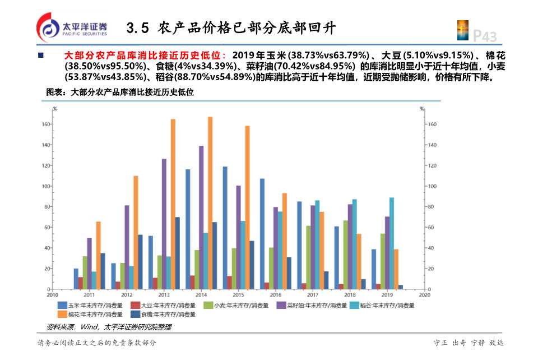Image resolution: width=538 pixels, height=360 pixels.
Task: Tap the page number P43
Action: pyautogui.click(x=485, y=36)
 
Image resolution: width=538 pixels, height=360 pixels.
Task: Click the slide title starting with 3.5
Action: pyautogui.click(x=231, y=27)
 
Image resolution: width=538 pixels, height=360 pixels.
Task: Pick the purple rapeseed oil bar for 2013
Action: pyautogui.click(x=164, y=224)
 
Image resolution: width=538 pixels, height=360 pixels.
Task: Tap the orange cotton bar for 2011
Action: pyautogui.click(x=98, y=255)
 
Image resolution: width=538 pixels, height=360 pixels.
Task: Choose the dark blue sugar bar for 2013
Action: pyautogui.click(x=178, y=253)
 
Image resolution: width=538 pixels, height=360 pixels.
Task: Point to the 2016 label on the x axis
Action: pyautogui.click(x=275, y=294)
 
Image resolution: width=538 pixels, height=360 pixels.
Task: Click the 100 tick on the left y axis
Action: pyautogui.click(x=46, y=186)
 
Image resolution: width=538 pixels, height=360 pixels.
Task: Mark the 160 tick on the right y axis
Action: pyautogui.click(x=432, y=124)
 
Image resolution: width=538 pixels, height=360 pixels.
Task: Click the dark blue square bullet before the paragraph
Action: pyautogui.click(x=40, y=56)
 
